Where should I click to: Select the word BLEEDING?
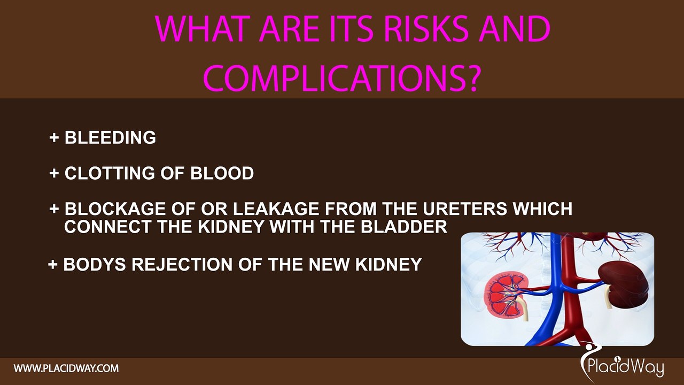(110, 137)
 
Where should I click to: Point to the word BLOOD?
(222, 173)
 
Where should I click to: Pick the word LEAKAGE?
(276, 209)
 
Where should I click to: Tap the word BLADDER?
(404, 227)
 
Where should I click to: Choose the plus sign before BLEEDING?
(54, 137)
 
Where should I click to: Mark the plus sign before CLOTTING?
(54, 173)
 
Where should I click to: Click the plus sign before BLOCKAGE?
(54, 209)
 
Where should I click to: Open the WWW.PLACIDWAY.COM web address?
(66, 368)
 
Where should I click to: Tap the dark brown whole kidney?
(624, 284)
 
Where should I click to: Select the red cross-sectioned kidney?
(507, 299)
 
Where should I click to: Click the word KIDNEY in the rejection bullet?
(388, 264)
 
